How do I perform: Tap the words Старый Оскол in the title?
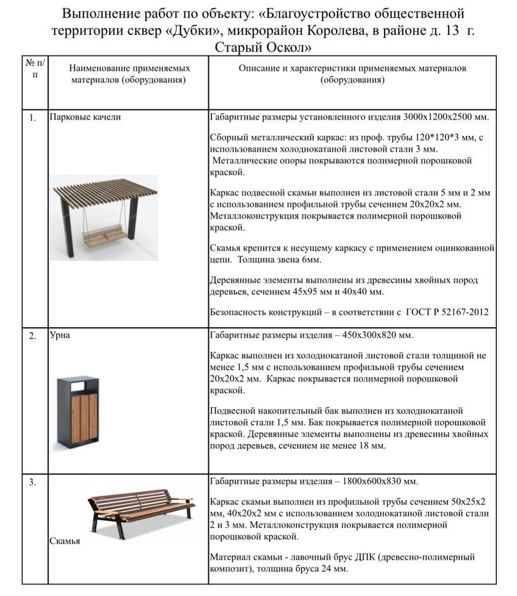point(264,48)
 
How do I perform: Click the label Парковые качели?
point(85,117)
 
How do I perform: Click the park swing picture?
point(104,217)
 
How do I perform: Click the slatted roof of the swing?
point(104,189)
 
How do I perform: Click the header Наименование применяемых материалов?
point(129,74)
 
